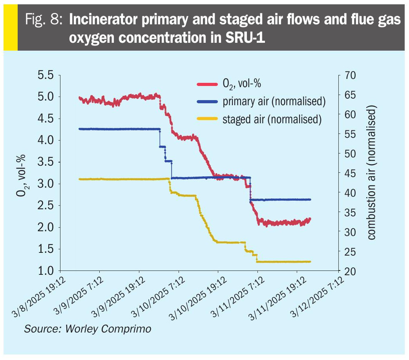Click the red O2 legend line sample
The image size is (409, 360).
206,84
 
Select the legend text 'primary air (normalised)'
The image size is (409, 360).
274,101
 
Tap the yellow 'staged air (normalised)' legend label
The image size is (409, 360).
272,119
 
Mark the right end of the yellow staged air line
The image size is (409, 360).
310,261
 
